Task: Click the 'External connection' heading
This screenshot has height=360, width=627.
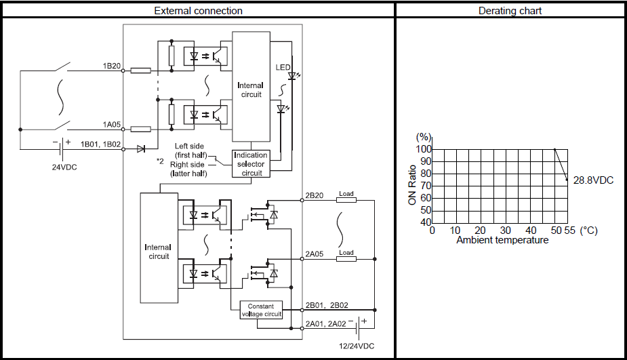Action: coord(199,11)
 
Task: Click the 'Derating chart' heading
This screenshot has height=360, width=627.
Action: coord(510,11)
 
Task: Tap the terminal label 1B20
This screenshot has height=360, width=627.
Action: coord(112,66)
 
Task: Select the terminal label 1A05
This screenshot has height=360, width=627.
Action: coord(112,124)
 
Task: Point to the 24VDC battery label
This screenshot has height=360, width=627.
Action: coord(64,167)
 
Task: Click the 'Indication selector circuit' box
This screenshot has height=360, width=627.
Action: coord(251,163)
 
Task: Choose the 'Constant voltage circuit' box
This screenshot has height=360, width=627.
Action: coord(261,310)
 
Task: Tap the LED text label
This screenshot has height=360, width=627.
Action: coord(283,67)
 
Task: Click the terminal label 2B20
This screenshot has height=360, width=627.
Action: coord(315,196)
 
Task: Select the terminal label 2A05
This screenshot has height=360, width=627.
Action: coord(315,254)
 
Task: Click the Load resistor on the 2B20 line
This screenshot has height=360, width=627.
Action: coord(346,199)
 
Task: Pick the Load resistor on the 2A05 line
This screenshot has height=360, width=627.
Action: coord(346,259)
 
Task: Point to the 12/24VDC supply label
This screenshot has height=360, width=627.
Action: coord(357,346)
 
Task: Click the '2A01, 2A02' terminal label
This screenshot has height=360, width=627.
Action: coord(326,323)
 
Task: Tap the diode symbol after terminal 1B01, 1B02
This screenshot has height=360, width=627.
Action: coord(141,149)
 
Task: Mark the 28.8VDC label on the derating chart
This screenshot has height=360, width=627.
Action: coord(593,180)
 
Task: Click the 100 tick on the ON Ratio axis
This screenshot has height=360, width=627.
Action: coord(424,149)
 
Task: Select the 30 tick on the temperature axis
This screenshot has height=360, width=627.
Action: coord(506,231)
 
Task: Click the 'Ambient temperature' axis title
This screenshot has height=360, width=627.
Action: coord(503,240)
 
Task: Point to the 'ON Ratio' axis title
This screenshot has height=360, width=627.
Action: coord(412,185)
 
